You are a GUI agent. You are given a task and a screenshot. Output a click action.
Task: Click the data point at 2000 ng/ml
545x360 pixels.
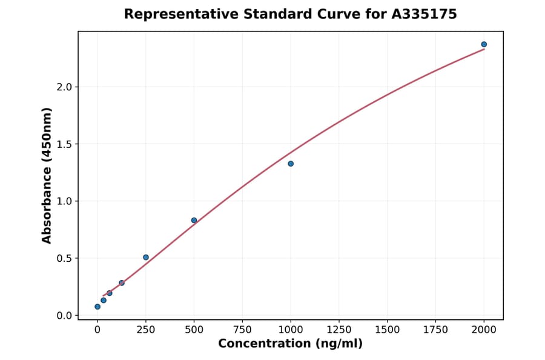tap(484, 44)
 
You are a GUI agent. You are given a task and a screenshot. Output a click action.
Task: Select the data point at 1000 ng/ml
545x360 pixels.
tap(291, 164)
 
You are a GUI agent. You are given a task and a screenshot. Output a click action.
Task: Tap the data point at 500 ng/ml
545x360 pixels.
tap(194, 220)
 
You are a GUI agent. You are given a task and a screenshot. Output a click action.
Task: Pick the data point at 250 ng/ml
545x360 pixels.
tap(146, 257)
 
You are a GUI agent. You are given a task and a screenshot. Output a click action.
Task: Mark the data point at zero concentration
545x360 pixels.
tap(97, 307)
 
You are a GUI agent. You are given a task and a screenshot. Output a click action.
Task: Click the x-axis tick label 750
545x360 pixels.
tap(242, 330)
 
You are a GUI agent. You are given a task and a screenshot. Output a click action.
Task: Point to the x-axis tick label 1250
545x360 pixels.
tap(339, 330)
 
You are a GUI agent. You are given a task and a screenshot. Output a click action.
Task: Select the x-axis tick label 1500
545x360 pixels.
tap(388, 330)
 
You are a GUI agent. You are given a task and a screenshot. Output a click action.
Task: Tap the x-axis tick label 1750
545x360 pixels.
tap(436, 330)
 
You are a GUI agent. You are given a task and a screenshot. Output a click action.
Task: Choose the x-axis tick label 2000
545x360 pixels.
tap(484, 330)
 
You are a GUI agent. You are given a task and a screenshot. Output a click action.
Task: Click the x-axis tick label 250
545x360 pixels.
tap(146, 330)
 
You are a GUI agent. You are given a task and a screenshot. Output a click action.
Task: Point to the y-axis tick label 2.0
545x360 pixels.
tap(64, 87)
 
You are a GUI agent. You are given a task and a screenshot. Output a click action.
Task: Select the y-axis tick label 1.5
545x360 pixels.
tap(64, 144)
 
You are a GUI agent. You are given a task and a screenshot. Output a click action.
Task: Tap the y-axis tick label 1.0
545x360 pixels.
tap(64, 201)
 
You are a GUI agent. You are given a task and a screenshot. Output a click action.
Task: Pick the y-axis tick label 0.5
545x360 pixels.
tap(64, 258)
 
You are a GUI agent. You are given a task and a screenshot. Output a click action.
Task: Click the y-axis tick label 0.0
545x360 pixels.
tap(64, 315)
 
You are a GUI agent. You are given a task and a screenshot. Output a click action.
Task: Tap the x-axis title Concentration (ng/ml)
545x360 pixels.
tap(291, 344)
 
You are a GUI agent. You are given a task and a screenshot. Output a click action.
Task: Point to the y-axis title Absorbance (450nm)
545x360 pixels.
tap(47, 175)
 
